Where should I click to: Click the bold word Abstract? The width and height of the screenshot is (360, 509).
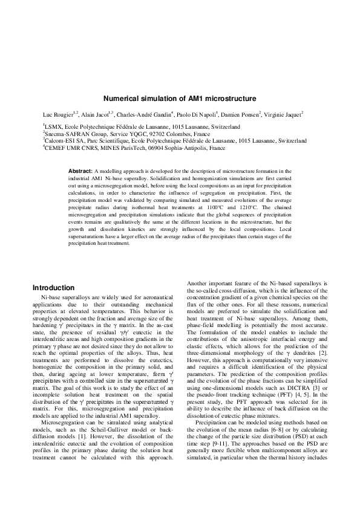tap(80, 172)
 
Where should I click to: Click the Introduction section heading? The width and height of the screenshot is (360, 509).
tap(53, 288)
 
